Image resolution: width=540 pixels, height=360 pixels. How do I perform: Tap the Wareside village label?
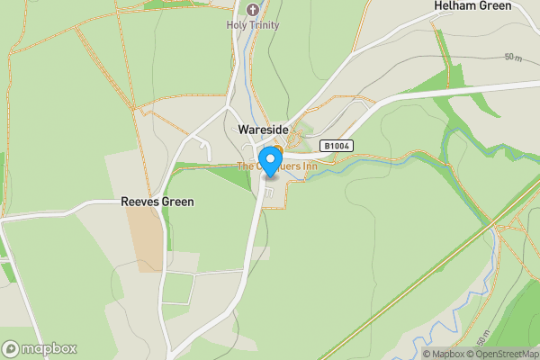click(x=263, y=130)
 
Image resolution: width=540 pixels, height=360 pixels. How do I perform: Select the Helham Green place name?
click(x=472, y=6)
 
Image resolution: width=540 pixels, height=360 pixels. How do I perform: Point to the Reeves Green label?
click(x=157, y=202)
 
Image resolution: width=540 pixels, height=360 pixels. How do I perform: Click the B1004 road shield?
click(x=336, y=146)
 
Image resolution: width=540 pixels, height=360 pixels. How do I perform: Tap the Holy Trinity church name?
click(x=253, y=25)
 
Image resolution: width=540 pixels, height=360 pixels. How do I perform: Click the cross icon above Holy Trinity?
click(x=253, y=11)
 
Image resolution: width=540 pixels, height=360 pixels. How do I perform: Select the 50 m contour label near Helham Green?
click(x=513, y=58)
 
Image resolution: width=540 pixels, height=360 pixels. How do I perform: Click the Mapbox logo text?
click(x=49, y=349)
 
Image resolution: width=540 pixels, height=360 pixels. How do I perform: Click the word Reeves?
click(x=139, y=202)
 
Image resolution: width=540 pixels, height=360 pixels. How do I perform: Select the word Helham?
click(x=454, y=6)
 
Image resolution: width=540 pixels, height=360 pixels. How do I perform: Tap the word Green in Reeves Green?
click(x=177, y=202)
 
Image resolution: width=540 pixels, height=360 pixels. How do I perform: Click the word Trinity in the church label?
click(x=262, y=25)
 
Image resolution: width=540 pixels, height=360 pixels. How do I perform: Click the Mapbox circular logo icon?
click(x=11, y=349)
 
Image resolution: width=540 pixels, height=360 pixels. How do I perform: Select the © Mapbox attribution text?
click(x=446, y=354)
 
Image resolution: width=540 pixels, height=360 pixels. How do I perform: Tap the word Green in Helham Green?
click(x=494, y=6)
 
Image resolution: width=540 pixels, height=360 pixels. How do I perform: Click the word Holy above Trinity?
click(x=236, y=25)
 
